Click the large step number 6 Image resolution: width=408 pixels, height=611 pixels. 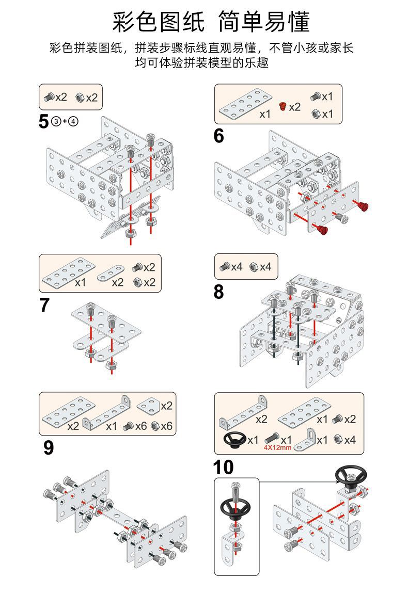point(219,136)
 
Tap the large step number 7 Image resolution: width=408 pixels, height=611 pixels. point(44,305)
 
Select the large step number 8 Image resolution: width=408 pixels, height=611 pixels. point(219,292)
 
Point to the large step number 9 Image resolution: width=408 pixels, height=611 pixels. point(48,447)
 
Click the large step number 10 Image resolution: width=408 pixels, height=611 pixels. point(223,467)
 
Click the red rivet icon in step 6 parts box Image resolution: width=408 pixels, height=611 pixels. point(282,107)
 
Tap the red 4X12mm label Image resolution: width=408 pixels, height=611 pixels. point(278,448)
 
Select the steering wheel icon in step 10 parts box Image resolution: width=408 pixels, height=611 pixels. point(234,440)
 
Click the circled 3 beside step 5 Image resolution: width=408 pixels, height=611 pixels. point(56,122)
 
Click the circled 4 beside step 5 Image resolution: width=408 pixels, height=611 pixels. point(73,122)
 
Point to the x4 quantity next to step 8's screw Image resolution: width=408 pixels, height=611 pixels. point(237,267)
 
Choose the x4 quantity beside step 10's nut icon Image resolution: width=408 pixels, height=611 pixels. point(351,440)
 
